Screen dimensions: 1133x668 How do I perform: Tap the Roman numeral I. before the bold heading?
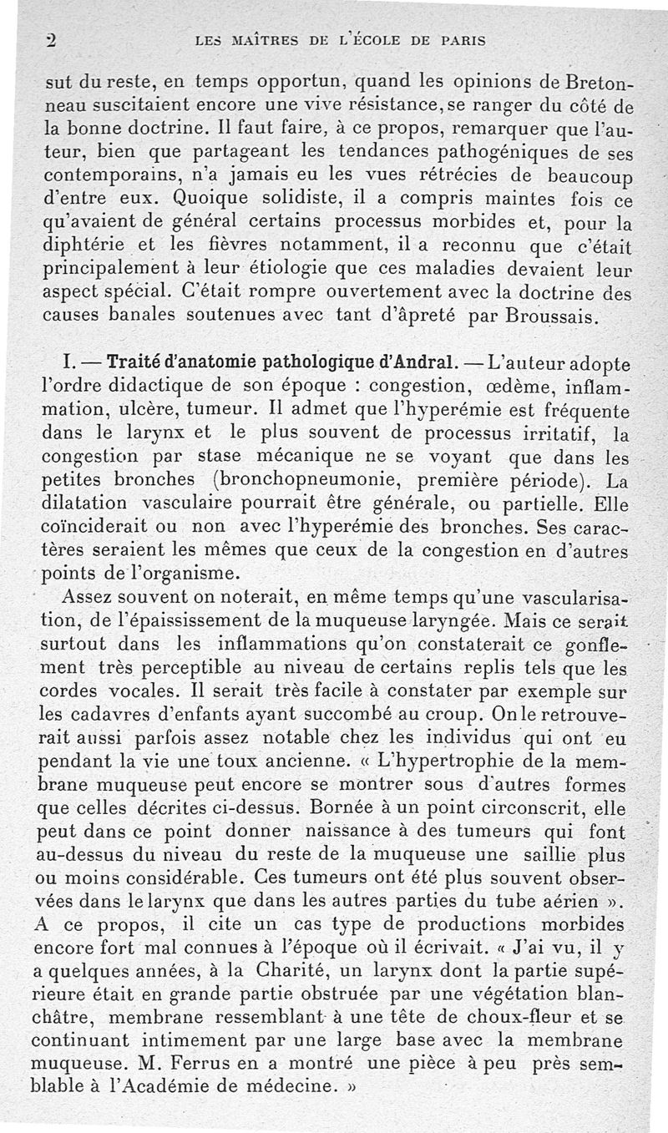point(73,366)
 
